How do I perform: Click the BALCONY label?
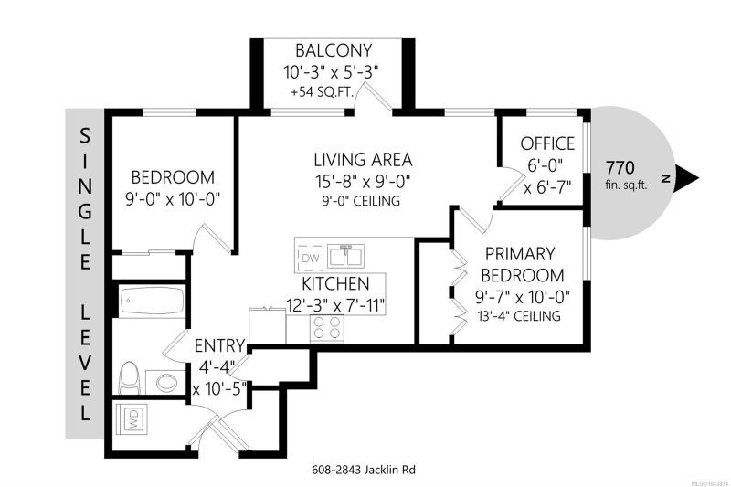tap(334, 50)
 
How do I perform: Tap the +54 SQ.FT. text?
tap(323, 91)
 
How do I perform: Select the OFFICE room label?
tap(547, 143)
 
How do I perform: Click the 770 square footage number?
tap(620, 167)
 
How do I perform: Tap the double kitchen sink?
tap(345, 256)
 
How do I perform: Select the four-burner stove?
tap(327, 327)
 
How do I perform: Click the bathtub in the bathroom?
tap(153, 301)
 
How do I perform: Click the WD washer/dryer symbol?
tap(132, 419)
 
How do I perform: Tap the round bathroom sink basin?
tap(166, 383)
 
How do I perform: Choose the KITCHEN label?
tap(335, 284)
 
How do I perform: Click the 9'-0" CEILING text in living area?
tap(361, 201)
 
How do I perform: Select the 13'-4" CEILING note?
tap(519, 316)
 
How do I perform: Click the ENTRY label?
tap(219, 345)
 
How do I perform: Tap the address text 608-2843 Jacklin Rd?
tap(363, 470)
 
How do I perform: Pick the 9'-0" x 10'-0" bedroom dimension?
tap(173, 199)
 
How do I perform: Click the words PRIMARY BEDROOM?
tap(522, 265)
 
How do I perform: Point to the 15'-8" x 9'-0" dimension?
tap(362, 181)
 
